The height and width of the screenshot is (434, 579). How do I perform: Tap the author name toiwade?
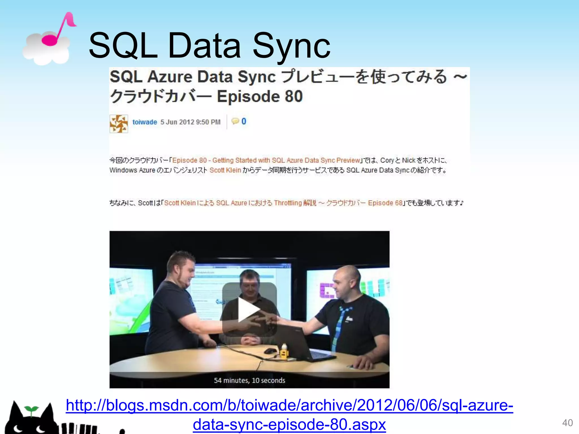[x=144, y=122]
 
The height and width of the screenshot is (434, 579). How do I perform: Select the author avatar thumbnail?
[x=119, y=123]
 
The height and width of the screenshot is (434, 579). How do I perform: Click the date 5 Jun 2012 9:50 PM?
[x=190, y=122]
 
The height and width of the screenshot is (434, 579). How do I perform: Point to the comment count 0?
[x=243, y=121]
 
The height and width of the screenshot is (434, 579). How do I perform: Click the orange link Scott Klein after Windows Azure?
[x=225, y=170]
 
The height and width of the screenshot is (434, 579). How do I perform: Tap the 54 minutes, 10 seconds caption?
[x=249, y=380]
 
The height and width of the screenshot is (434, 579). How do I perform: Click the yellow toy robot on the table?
[x=284, y=352]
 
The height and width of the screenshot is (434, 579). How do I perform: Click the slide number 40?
[x=567, y=423]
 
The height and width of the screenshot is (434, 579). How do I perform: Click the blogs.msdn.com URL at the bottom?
[x=289, y=415]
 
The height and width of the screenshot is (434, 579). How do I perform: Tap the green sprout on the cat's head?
[x=31, y=409]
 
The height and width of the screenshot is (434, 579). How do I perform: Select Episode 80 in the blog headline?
[x=260, y=97]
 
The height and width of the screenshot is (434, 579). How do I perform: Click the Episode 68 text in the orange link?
[x=385, y=203]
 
